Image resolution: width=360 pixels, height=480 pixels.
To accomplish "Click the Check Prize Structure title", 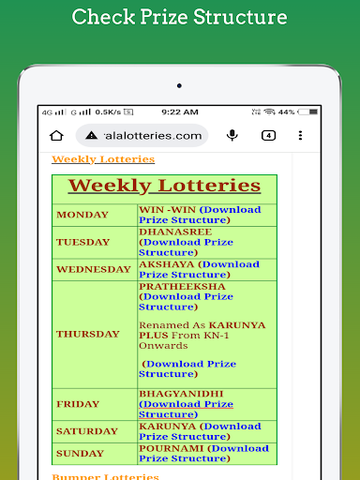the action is [180, 18].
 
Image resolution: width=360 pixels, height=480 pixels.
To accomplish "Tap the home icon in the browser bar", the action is [56, 135].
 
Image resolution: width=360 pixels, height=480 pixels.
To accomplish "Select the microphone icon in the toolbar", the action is [232, 135].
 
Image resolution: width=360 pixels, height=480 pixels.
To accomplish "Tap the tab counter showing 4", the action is [269, 135].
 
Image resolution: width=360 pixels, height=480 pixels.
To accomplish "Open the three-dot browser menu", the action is [301, 135].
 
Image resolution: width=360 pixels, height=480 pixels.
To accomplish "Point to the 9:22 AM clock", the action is [180, 112].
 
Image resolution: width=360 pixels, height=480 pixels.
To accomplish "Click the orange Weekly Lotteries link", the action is [90, 159].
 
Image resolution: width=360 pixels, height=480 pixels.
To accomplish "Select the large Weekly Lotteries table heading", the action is [165, 186].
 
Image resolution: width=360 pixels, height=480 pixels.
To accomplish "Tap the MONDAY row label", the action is [82, 215].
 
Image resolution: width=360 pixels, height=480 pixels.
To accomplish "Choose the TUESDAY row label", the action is [82, 242].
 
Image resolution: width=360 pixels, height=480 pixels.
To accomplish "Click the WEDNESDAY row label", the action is [94, 269].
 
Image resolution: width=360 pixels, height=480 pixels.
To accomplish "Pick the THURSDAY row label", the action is [88, 334].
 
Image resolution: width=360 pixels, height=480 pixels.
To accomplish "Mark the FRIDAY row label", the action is [78, 404].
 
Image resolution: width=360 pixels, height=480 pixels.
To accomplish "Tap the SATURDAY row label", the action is [87, 431].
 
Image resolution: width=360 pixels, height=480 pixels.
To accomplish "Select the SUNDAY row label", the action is [81, 453].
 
